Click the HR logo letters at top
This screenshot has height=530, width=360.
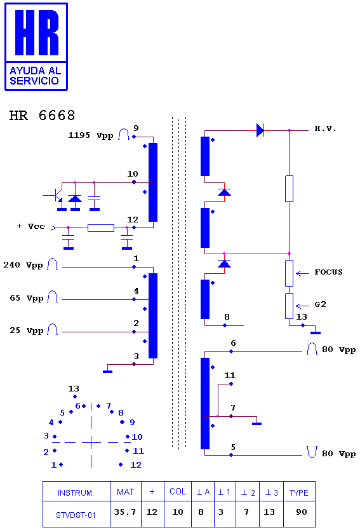(36, 32)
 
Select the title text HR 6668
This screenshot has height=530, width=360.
(42, 116)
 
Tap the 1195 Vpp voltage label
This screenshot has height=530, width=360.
(91, 135)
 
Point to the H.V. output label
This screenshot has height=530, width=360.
(325, 128)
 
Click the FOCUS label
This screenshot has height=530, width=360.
(328, 272)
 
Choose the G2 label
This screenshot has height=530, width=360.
(320, 304)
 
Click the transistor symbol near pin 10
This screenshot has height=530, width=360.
(57, 196)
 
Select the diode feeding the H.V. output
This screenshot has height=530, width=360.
(260, 130)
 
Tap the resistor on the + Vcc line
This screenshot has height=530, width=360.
(101, 228)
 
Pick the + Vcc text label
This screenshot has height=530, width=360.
(30, 226)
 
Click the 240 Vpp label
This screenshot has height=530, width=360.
(23, 265)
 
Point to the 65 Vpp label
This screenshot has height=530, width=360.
(26, 298)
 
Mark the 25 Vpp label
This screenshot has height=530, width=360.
(26, 330)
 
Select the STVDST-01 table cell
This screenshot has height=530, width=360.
(76, 514)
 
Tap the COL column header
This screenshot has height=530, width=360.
(178, 491)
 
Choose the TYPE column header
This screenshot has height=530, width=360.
(299, 493)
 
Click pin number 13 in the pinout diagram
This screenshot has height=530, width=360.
(74, 389)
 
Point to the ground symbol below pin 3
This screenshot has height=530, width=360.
(107, 372)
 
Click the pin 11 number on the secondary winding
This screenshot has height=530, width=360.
(230, 376)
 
